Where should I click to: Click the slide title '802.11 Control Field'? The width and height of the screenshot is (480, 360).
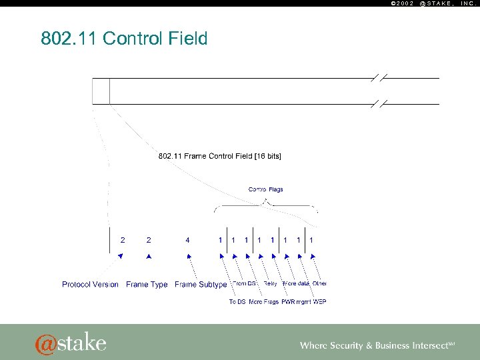coord(124,39)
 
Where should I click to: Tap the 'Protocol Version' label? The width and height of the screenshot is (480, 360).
coord(90,285)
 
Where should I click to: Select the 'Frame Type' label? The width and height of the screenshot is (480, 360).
coord(147,285)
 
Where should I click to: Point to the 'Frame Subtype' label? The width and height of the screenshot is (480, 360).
coord(201,285)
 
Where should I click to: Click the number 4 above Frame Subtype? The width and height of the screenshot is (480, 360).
coord(187,239)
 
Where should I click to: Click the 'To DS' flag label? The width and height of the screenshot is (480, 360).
coord(237,302)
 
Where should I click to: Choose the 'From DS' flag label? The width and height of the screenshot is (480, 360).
coord(245,283)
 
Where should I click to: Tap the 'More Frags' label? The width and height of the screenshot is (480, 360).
coord(263,302)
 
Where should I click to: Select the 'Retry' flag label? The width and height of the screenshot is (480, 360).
coord(270,283)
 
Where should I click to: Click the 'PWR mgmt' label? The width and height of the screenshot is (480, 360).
coord(296,302)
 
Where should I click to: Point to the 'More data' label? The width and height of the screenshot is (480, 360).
coord(296,283)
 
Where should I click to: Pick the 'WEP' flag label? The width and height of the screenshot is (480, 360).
coord(319,302)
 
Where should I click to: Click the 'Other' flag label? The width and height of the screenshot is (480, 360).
coord(320,283)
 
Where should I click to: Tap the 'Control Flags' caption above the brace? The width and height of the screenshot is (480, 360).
coord(265,189)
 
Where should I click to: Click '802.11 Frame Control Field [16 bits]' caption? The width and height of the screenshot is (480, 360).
coord(219,156)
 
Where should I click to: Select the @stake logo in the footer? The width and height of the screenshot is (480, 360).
coord(71,343)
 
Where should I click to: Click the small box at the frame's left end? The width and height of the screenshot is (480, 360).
coord(101,91)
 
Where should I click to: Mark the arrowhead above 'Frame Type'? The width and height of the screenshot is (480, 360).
coord(149,256)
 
